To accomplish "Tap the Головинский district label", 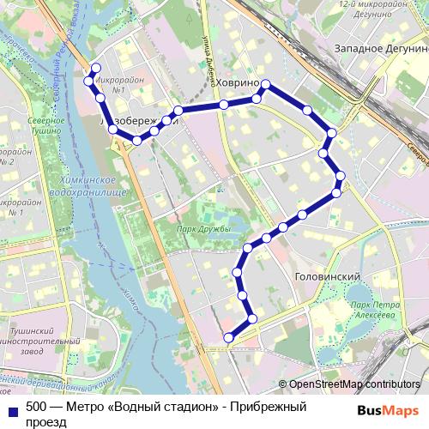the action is point(326,277).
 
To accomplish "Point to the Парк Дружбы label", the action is point(203,229).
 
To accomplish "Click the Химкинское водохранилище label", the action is point(89,184).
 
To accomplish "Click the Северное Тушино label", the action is point(45,125).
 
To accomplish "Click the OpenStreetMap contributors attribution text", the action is point(354,384).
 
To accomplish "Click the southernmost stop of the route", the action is point(228,338).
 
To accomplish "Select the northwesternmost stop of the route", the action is point(95,68).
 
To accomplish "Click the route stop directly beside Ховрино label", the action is point(266,84).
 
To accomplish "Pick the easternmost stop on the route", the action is point(341,176).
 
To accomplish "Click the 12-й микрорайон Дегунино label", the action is point(372,9).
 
